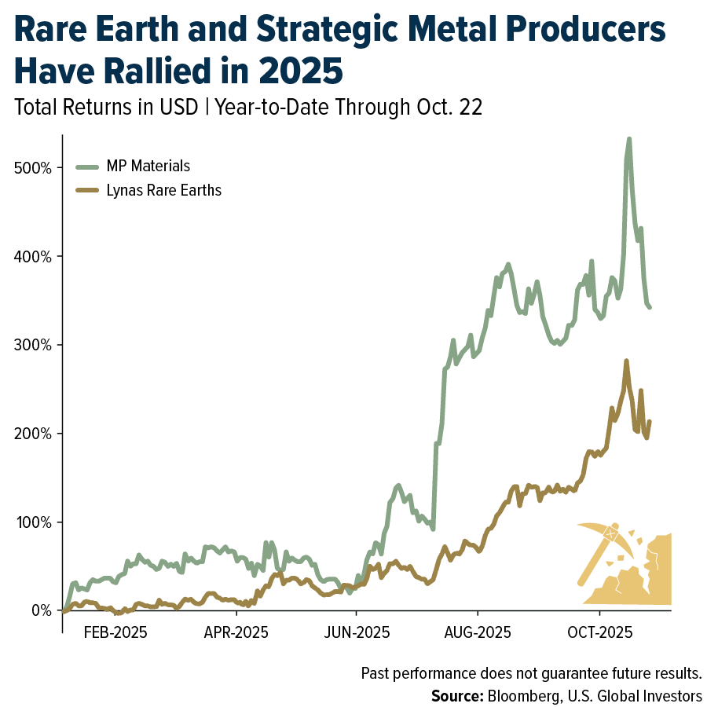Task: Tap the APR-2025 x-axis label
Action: (x=236, y=632)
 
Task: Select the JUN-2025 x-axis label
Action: (x=357, y=632)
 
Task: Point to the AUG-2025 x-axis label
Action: (x=478, y=632)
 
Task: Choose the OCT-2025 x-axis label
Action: (x=600, y=632)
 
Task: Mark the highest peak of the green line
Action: (x=629, y=139)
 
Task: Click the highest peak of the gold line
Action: (x=626, y=361)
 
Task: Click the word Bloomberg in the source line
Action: (x=520, y=696)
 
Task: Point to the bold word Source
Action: (x=456, y=696)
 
